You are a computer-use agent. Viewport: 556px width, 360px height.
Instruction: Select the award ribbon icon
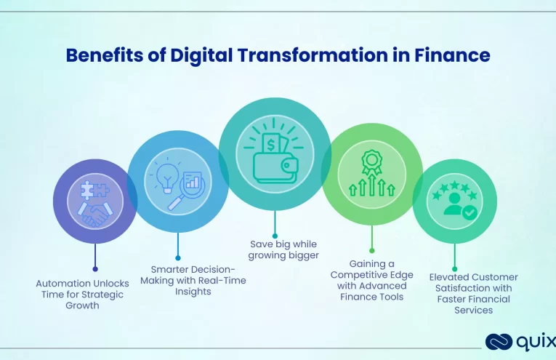(372, 161)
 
